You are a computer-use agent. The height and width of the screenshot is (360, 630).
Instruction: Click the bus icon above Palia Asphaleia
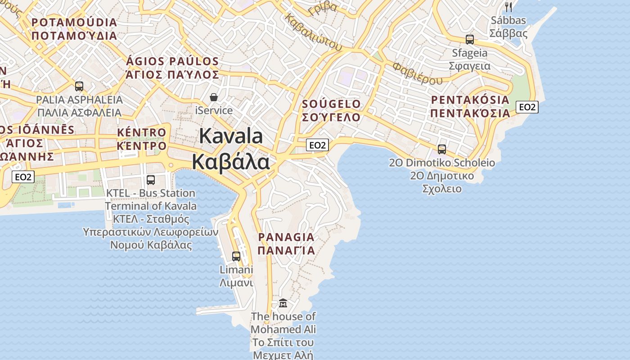pos(79,86)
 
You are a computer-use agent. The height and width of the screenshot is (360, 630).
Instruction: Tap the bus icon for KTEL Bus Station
pos(151,180)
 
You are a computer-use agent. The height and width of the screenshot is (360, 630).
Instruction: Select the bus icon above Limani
pos(236,256)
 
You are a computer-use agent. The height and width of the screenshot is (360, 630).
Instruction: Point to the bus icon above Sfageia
pos(470,40)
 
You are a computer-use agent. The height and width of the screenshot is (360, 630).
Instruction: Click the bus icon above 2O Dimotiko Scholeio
pos(442,149)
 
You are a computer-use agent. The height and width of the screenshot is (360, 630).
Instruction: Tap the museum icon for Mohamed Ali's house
pos(283,303)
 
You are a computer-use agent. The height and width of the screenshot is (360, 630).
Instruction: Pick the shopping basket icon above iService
pos(214,97)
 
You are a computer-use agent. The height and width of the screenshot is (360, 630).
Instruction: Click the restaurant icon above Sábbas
pos(508,7)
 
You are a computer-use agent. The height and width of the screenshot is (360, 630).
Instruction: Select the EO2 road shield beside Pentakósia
pos(527,107)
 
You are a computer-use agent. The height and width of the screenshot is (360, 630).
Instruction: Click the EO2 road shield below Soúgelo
pos(317,145)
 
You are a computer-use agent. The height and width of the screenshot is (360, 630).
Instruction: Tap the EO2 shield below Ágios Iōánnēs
pos(23,177)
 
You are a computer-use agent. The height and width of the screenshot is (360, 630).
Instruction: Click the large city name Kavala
pos(231,149)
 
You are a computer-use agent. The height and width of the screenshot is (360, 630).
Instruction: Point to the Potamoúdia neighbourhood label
pos(75,29)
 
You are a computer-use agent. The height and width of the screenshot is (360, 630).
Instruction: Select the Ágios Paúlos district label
pos(173,68)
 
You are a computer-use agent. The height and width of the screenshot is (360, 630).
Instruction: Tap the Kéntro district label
pos(142,139)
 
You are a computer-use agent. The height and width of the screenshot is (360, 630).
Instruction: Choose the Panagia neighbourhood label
pos(286,243)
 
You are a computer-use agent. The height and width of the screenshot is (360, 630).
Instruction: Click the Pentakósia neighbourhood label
pos(470,106)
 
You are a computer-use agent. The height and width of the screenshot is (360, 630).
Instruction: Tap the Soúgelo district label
pos(332,111)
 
